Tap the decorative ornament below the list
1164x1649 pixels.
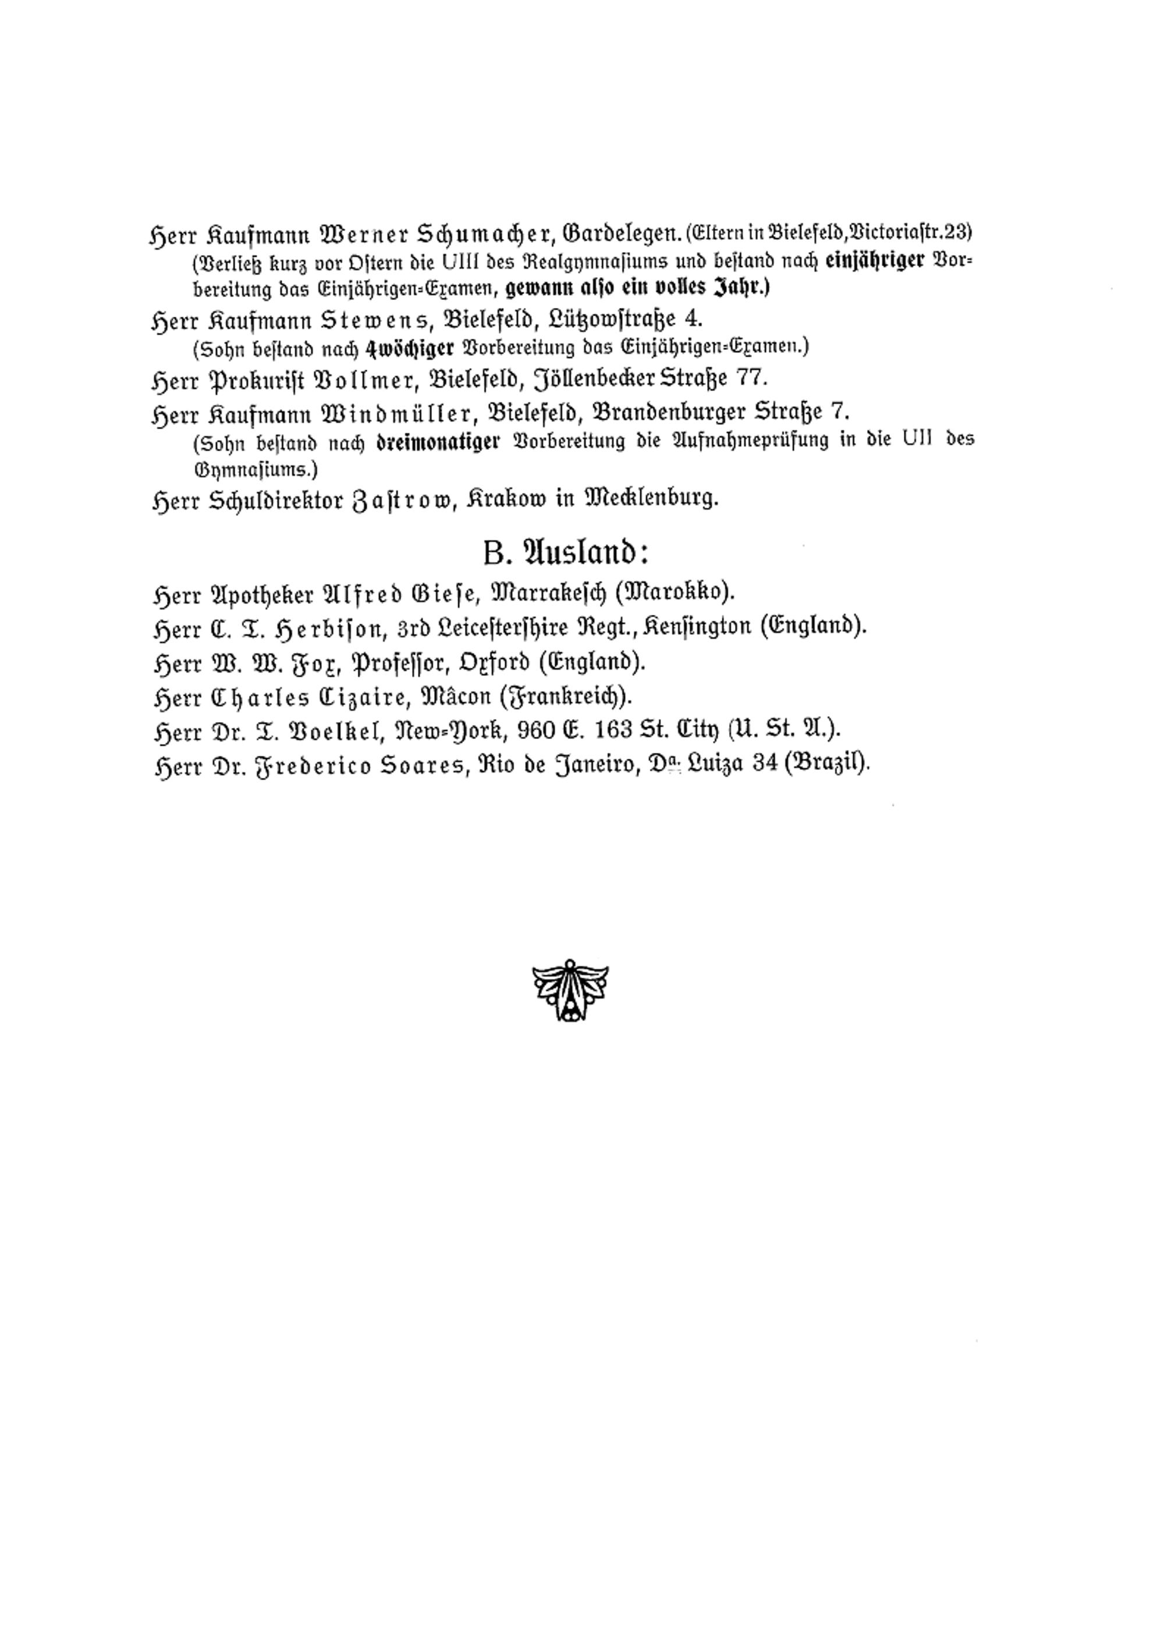coord(570,990)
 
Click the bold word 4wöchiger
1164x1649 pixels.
coord(410,348)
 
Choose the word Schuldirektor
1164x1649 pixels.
coord(276,500)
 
